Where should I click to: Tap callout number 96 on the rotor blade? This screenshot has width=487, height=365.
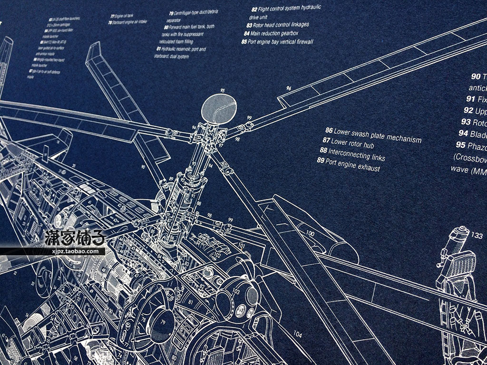[x=288, y=88]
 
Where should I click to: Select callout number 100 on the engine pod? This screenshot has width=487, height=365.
[x=310, y=233]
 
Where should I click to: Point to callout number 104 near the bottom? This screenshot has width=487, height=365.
[x=297, y=334]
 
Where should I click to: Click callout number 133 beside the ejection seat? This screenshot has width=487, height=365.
[x=477, y=234]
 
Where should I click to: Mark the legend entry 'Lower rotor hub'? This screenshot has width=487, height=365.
[x=350, y=144]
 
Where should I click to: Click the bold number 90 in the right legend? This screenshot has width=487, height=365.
[x=476, y=77]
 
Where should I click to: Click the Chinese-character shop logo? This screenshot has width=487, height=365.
[x=75, y=239]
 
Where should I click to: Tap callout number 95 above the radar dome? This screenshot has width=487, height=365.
[x=222, y=89]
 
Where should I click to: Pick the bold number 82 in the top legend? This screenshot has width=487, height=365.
[x=254, y=9]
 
